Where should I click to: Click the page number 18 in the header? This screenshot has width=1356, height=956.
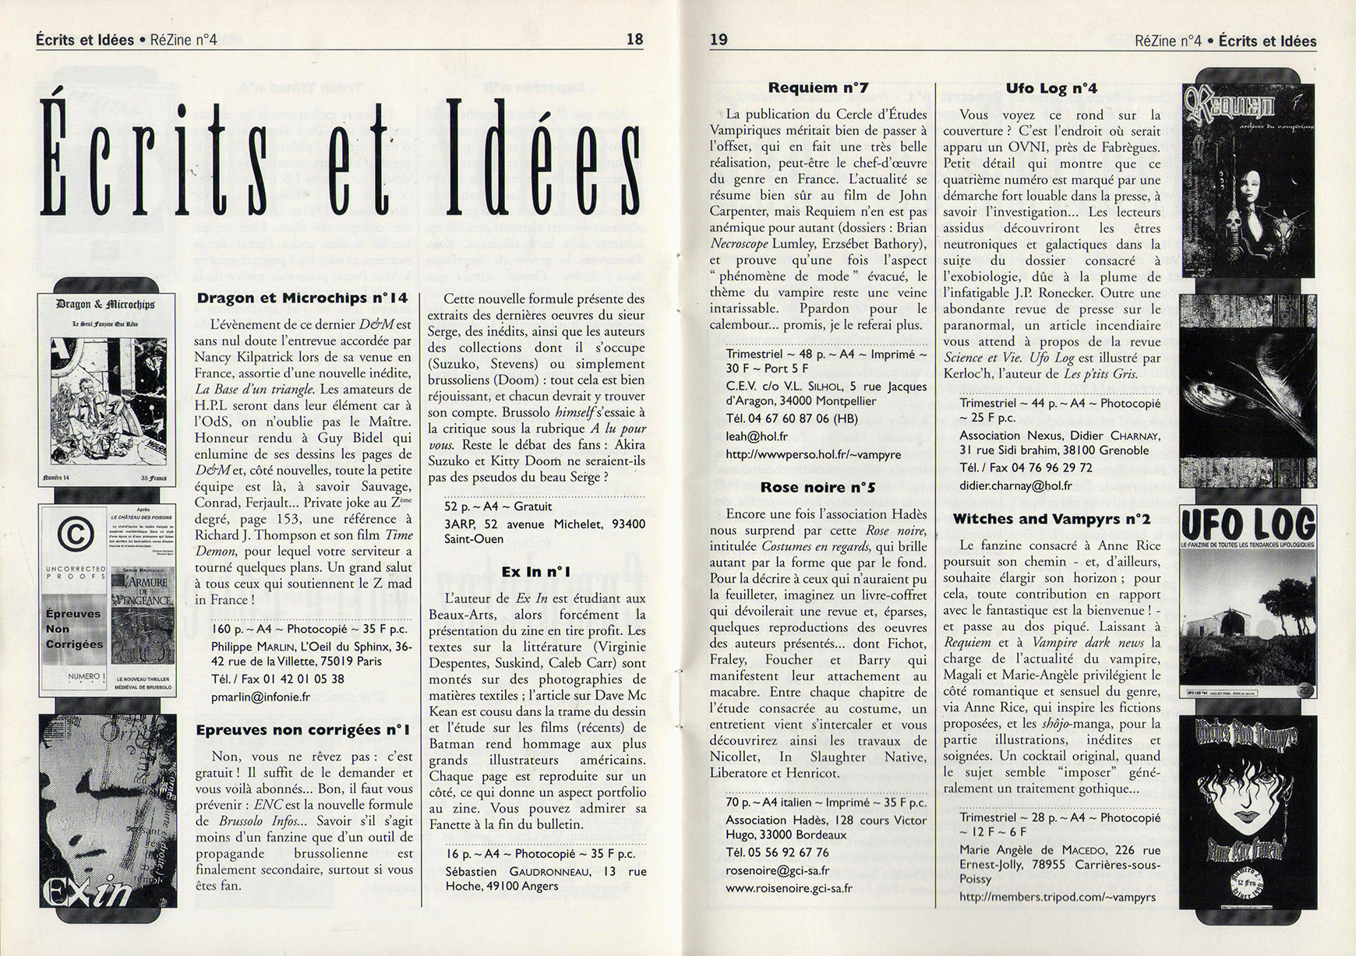634,40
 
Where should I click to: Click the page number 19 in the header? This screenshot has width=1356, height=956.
719,40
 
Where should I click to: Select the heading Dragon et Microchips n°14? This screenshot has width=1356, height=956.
302,298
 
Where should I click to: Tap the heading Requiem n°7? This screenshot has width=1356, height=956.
818,88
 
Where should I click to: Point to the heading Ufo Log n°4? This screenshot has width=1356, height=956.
1051,88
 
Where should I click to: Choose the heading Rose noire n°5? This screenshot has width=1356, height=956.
818,488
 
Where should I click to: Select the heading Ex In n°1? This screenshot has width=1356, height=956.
536,572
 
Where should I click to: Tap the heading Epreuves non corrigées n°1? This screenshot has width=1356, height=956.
302,730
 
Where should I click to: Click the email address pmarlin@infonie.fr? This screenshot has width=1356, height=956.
260,697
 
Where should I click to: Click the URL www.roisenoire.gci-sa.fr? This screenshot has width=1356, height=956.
789,887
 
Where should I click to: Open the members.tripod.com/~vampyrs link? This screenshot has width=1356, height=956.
1058,897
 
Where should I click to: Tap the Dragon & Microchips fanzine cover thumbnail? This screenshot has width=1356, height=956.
107,390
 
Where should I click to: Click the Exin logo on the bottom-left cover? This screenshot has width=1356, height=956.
86,889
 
